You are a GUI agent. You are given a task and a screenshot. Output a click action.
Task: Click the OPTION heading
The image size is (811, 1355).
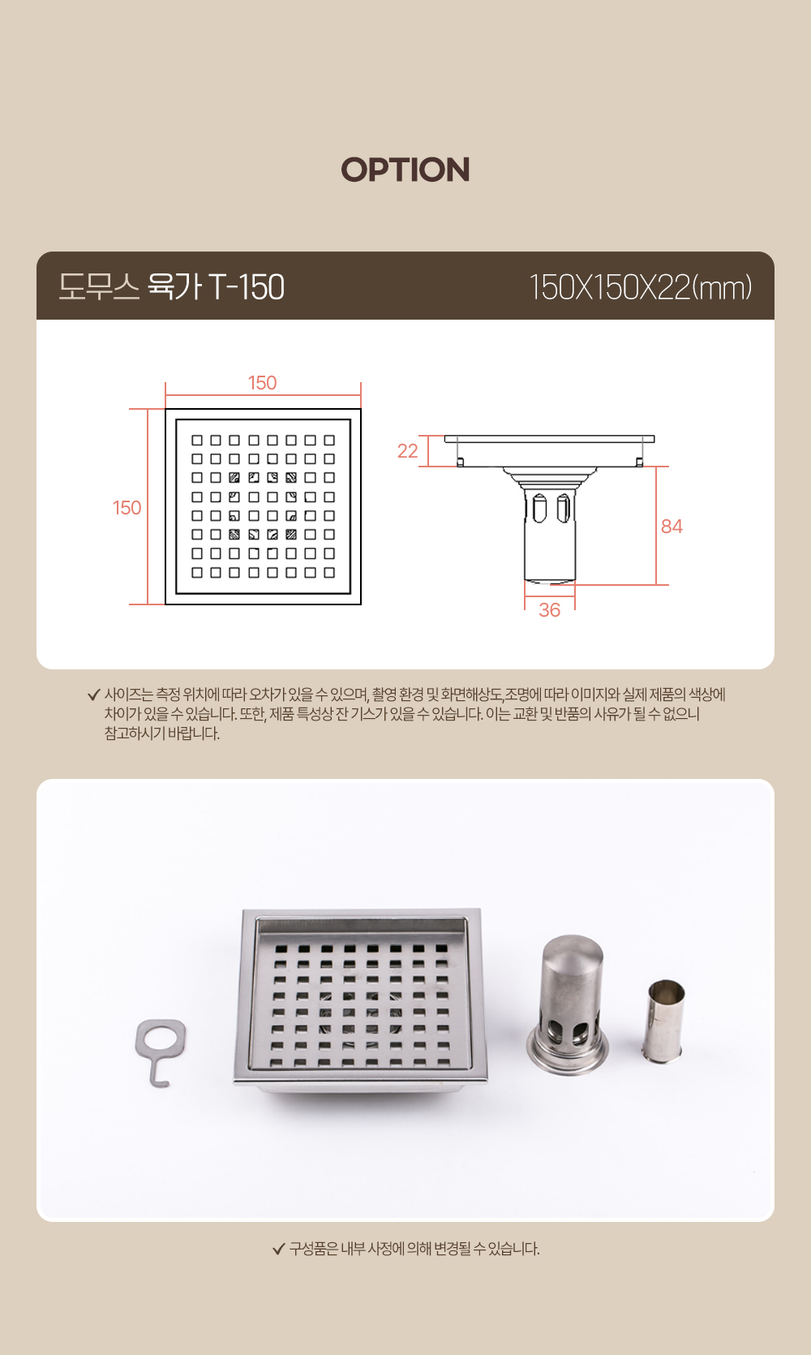pyautogui.click(x=405, y=170)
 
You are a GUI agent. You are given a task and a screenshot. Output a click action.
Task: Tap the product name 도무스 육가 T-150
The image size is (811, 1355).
pyautogui.click(x=171, y=286)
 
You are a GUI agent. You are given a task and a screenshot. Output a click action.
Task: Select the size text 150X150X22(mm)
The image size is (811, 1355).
pyautogui.click(x=641, y=286)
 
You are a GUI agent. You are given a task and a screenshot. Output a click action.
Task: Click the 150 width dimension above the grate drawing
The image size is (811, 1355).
pyautogui.click(x=263, y=383)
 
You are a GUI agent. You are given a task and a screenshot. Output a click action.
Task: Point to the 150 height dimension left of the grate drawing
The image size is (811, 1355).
pyautogui.click(x=127, y=508)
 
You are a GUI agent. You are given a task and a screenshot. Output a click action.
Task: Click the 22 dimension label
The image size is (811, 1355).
pyautogui.click(x=408, y=451)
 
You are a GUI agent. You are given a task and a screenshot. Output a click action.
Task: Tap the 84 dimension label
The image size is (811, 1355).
pyautogui.click(x=672, y=527)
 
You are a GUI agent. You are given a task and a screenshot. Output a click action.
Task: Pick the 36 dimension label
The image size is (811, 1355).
pyautogui.click(x=550, y=610)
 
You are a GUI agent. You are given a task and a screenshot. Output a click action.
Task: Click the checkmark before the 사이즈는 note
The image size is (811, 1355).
pyautogui.click(x=94, y=695)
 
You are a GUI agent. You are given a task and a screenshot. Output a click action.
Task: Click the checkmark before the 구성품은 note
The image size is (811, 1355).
pyautogui.click(x=279, y=1249)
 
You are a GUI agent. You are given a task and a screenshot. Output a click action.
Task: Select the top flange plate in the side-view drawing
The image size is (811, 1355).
pyautogui.click(x=549, y=439)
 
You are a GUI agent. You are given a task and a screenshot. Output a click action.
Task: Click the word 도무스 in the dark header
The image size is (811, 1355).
pyautogui.click(x=99, y=286)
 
